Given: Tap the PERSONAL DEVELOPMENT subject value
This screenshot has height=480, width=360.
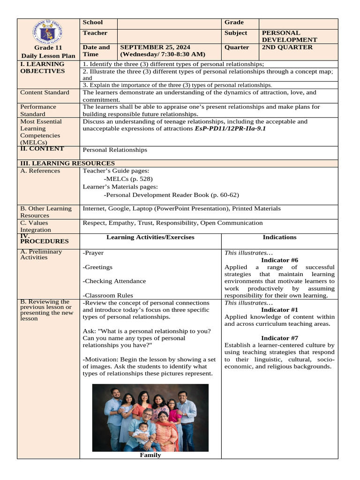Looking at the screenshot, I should coord(289,37).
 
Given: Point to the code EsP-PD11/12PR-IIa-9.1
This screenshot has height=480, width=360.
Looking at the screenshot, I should coord(230,128).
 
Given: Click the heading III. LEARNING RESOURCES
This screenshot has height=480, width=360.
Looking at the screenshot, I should coord(67,163).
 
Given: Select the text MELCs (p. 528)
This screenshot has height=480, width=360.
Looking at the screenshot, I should coord(129,179).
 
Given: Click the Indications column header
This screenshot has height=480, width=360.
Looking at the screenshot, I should coord(279,237).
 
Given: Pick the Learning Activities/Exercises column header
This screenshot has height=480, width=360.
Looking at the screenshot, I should coord(150,237).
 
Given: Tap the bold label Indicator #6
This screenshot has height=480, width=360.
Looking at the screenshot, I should coord(279,260).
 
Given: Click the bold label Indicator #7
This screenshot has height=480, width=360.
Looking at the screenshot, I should coord(279,338).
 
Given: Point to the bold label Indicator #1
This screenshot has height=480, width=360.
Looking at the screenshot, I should coord(279,310).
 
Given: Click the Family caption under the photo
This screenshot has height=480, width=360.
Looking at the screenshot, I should coord(150,455).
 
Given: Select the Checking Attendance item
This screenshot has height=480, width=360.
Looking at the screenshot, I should coord(115,281).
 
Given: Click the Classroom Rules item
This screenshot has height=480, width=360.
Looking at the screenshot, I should coord(108,296).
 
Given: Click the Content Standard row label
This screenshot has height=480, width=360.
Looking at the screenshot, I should coord(45,93).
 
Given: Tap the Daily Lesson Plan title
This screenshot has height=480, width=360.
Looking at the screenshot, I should coord(48,56).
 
